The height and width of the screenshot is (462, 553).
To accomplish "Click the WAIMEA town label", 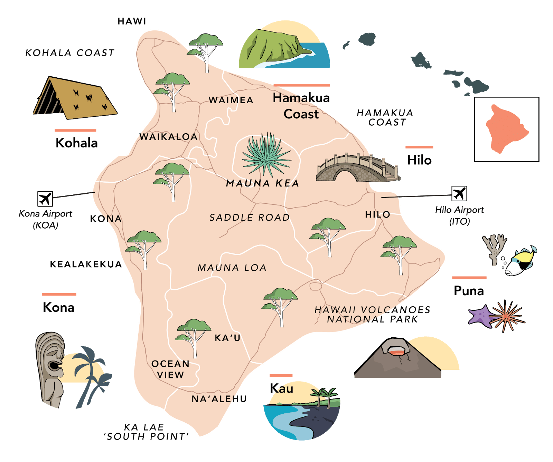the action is pos(231,100).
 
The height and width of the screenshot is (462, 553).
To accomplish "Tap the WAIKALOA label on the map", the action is pos(168,137).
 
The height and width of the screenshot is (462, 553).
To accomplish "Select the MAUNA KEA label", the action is pos(262,183).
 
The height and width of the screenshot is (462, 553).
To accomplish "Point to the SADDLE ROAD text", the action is pos(250,218).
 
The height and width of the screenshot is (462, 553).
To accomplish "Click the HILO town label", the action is pos(377,214).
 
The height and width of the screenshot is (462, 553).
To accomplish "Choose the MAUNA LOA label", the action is pos(232,268).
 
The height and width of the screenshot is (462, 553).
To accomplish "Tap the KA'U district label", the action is pos(227,338).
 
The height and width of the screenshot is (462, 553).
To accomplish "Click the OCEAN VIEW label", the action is pos(170,369).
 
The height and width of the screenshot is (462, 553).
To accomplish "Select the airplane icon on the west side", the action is pos(45,199).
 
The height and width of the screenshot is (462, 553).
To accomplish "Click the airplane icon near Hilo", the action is pos(459,193).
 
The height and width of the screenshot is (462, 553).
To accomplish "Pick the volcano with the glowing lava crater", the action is pos(397,359).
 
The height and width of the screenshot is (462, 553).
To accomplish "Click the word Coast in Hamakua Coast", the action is pos(301,114).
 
